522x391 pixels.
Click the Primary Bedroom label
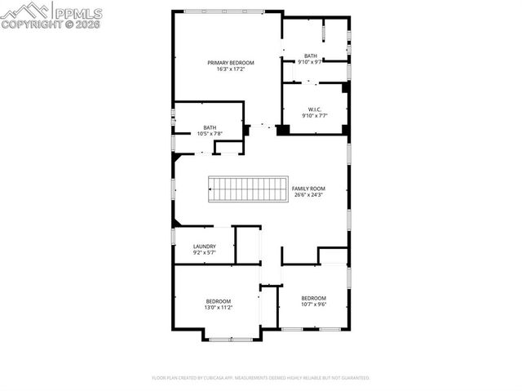pyautogui.click(x=231, y=63)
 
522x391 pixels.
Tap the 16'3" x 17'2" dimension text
pyautogui.click(x=231, y=69)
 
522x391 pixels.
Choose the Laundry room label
pyautogui.click(x=204, y=247)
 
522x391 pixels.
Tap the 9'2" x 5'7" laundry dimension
pyautogui.click(x=204, y=253)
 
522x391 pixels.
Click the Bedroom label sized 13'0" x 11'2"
pyautogui.click(x=219, y=301)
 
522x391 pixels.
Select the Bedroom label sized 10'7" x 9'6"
pyautogui.click(x=313, y=297)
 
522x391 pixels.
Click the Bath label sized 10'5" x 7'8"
pyautogui.click(x=210, y=127)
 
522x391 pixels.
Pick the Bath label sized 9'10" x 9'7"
pyautogui.click(x=311, y=56)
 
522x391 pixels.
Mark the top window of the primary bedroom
pyautogui.click(x=223, y=11)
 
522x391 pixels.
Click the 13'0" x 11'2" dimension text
pyautogui.click(x=219, y=308)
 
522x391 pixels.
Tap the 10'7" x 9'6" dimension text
pyautogui.click(x=313, y=304)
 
